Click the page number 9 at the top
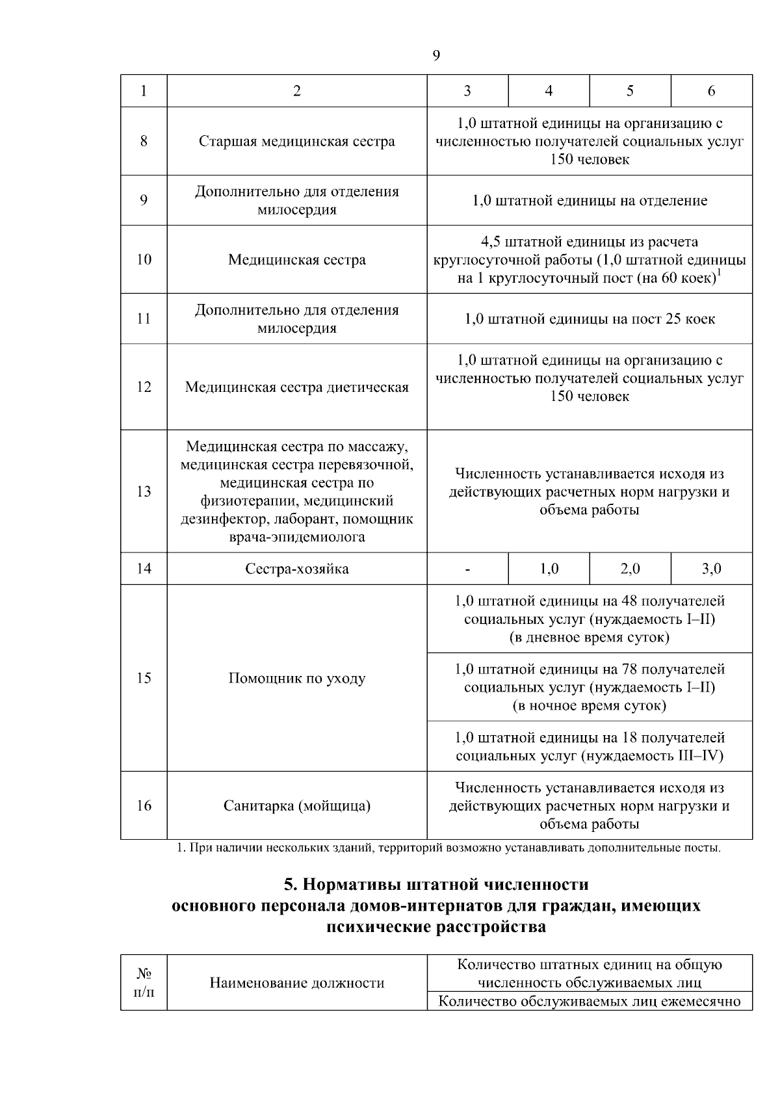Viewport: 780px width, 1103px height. coord(436,56)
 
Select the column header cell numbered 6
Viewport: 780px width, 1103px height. coord(711,91)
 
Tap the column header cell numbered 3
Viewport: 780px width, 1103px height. coord(467,91)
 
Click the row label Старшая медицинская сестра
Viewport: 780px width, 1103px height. coord(296,142)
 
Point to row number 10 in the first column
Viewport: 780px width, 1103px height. coord(144,260)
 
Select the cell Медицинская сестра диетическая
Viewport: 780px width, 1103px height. coord(296,387)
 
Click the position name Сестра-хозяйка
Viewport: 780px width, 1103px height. coord(296,569)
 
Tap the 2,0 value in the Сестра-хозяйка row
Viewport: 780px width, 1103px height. coord(630,569)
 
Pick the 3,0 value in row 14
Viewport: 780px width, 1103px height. coord(711,569)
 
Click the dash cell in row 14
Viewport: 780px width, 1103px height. coord(467,569)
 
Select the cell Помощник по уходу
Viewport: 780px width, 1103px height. coord(296,679)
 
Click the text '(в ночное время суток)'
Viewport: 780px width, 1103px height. coord(589,706)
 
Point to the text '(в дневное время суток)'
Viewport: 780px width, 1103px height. coord(589,638)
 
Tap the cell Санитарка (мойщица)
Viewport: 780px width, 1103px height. coord(296,806)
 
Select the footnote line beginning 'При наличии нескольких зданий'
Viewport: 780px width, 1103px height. coord(448,848)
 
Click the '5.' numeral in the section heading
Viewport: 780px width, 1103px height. coord(291,885)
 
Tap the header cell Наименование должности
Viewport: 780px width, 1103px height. coord(296,983)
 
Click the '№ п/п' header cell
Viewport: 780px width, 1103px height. coord(144,983)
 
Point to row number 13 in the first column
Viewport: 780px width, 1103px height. coord(144,491)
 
